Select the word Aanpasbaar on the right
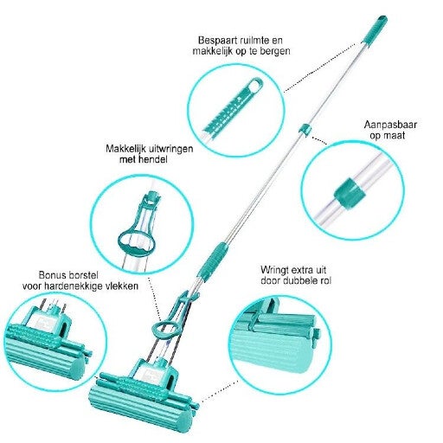coord(390,125)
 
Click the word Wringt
coord(275,271)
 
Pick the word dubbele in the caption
coord(300,280)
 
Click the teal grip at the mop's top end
coord(374,30)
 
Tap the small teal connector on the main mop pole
coord(305,129)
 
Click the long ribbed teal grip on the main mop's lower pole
coord(213,261)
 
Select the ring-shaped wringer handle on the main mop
coord(164,330)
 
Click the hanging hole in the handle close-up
coord(255,85)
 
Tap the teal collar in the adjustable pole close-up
coord(350,192)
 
